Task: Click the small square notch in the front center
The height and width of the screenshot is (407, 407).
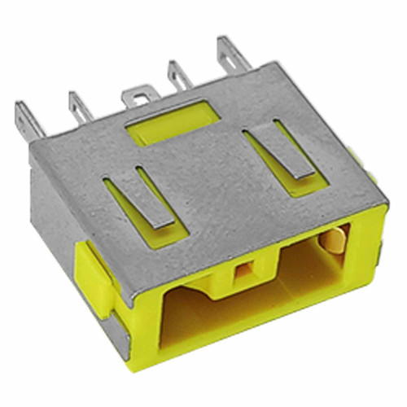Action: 242,273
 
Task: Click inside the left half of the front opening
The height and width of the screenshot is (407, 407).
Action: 199,322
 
